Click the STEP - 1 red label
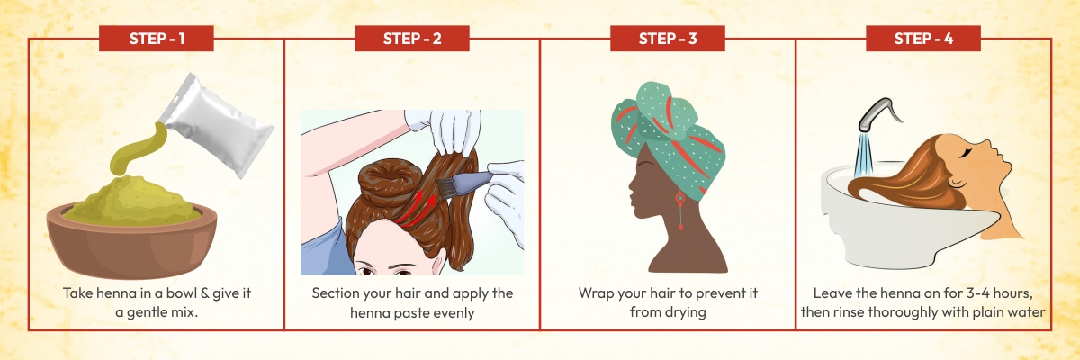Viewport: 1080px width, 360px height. [156, 39]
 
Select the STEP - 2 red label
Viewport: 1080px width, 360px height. [411, 39]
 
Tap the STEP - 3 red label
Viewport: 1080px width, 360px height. [667, 39]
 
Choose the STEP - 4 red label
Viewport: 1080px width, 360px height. [922, 39]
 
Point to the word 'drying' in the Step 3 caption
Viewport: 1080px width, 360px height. [686, 312]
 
